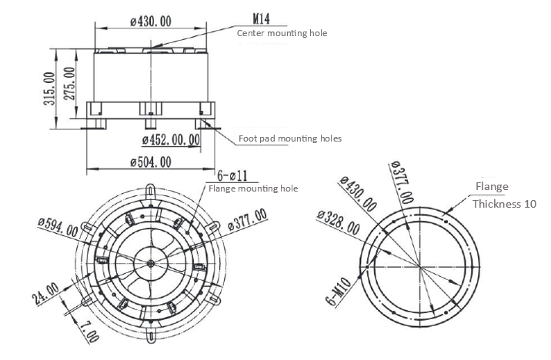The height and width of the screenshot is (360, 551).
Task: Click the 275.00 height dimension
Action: click(68, 83)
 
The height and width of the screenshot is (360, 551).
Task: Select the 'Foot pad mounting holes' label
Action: click(289, 138)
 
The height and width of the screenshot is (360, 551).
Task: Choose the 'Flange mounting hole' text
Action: click(252, 188)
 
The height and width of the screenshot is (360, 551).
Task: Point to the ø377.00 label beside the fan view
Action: click(247, 219)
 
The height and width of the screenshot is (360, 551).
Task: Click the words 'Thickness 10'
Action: click(504, 205)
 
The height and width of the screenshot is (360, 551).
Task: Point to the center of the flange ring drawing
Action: click(420, 265)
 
